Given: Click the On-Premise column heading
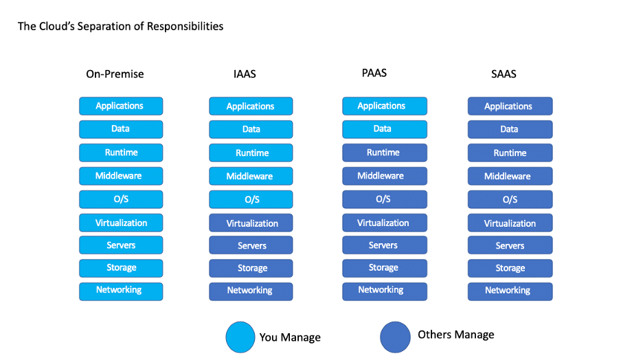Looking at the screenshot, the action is pyautogui.click(x=115, y=74).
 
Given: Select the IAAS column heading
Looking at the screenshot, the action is pyautogui.click(x=245, y=74).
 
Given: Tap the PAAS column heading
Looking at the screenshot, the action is pyautogui.click(x=374, y=73).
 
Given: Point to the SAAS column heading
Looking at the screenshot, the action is pyautogui.click(x=504, y=74).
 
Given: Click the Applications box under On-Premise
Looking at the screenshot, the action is pyautogui.click(x=121, y=106).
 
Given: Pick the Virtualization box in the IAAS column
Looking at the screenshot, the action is pyautogui.click(x=251, y=223).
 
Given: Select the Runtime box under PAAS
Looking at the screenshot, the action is pyautogui.click(x=385, y=153).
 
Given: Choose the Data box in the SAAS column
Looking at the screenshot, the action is pyautogui.click(x=510, y=129).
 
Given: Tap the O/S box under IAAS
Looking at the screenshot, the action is pyautogui.click(x=251, y=200).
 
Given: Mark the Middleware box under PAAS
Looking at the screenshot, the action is pyautogui.click(x=385, y=176).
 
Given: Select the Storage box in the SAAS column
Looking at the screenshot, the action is pyautogui.click(x=510, y=268).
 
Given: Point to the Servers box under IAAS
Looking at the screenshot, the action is pyautogui.click(x=251, y=245).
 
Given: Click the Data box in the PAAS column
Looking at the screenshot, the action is pyautogui.click(x=385, y=129).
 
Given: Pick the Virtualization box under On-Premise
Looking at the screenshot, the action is pyautogui.click(x=121, y=223).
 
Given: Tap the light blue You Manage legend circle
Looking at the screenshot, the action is pyautogui.click(x=240, y=337).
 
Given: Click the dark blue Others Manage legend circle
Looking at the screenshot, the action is pyautogui.click(x=395, y=337).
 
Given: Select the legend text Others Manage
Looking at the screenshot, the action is pyautogui.click(x=456, y=335).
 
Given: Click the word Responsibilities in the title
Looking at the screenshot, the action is pyautogui.click(x=185, y=27).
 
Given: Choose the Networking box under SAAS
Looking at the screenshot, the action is pyautogui.click(x=510, y=291).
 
